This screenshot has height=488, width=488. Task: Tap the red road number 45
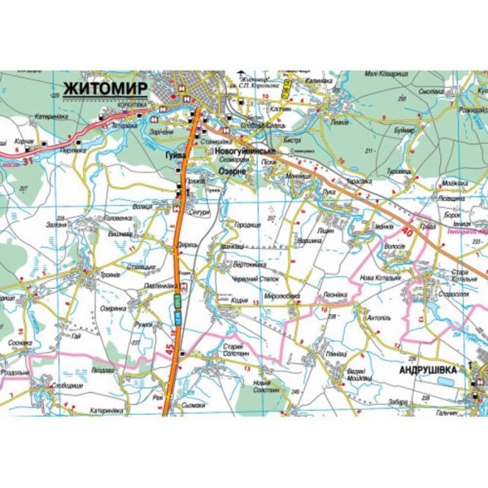tap(169, 351)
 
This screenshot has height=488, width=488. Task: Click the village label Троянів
tap(109, 274)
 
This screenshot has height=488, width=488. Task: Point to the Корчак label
tap(25, 142)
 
